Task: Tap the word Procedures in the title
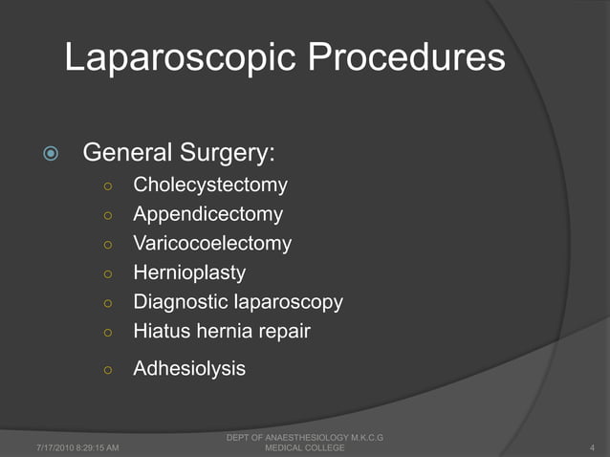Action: click(x=407, y=60)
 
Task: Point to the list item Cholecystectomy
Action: click(x=210, y=184)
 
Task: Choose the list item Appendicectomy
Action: click(x=207, y=213)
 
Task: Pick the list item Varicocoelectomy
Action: click(x=212, y=243)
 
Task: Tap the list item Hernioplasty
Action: click(x=189, y=272)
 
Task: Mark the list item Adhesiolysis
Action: click(x=189, y=367)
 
